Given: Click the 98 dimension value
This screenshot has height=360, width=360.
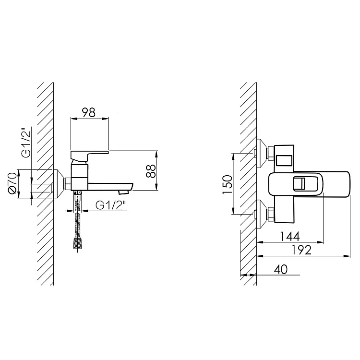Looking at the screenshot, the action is point(89,112).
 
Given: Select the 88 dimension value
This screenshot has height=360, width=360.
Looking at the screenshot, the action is point(151,170).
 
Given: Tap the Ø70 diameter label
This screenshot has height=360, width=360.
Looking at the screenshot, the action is point(12,184).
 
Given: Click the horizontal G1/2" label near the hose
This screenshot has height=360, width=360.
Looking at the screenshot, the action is point(111,205).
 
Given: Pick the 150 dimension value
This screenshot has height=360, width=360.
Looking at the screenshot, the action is point(228,184).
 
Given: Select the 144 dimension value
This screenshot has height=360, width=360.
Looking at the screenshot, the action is point(290,236).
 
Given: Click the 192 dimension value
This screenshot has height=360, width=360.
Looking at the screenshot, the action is point(301,250).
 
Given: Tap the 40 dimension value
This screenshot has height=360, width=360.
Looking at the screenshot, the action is point(281,269).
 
